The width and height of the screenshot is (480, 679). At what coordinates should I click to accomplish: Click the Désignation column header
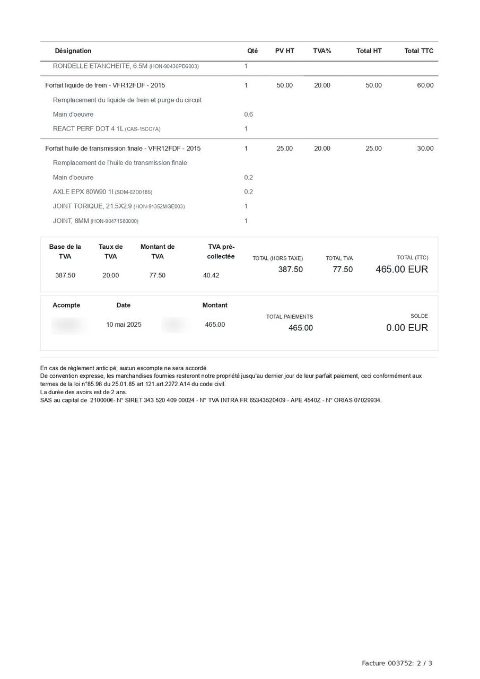pyautogui.click(x=73, y=51)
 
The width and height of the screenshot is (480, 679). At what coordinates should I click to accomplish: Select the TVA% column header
pyautogui.click(x=322, y=51)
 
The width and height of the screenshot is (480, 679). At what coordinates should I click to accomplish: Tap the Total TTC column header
pyautogui.click(x=418, y=51)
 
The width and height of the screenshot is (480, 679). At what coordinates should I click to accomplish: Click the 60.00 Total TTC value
pyautogui.click(x=425, y=85)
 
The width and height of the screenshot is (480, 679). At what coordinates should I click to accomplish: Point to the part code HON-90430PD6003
pyautogui.click(x=174, y=67)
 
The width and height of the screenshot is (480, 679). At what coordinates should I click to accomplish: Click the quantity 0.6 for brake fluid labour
pyautogui.click(x=248, y=115)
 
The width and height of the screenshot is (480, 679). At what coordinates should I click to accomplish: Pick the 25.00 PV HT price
pyautogui.click(x=284, y=149)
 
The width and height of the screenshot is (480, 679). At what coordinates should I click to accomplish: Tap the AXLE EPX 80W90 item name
pyautogui.click(x=83, y=192)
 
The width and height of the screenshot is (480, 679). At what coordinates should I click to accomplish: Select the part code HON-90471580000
pyautogui.click(x=114, y=221)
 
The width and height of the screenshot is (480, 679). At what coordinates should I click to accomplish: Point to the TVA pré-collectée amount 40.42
pyautogui.click(x=211, y=275)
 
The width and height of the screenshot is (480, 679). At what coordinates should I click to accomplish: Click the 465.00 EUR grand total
pyautogui.click(x=402, y=269)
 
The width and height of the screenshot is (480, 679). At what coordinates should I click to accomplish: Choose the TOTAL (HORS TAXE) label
pyautogui.click(x=277, y=258)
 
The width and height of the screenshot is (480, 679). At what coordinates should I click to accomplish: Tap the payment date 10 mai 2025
pyautogui.click(x=124, y=325)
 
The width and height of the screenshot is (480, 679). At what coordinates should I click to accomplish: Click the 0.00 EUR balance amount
pyautogui.click(x=407, y=328)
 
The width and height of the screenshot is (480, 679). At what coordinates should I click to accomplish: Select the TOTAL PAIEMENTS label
pyautogui.click(x=289, y=317)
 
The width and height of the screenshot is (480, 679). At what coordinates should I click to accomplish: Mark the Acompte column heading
pyautogui.click(x=66, y=306)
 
